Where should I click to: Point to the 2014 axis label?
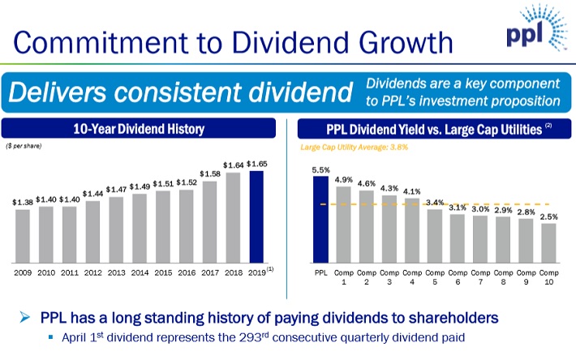pyautogui.click(x=140, y=273)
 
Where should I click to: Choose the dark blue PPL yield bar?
pyautogui.click(x=321, y=219)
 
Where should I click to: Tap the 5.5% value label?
pyautogui.click(x=321, y=169)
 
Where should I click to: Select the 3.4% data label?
pyautogui.click(x=434, y=201)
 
